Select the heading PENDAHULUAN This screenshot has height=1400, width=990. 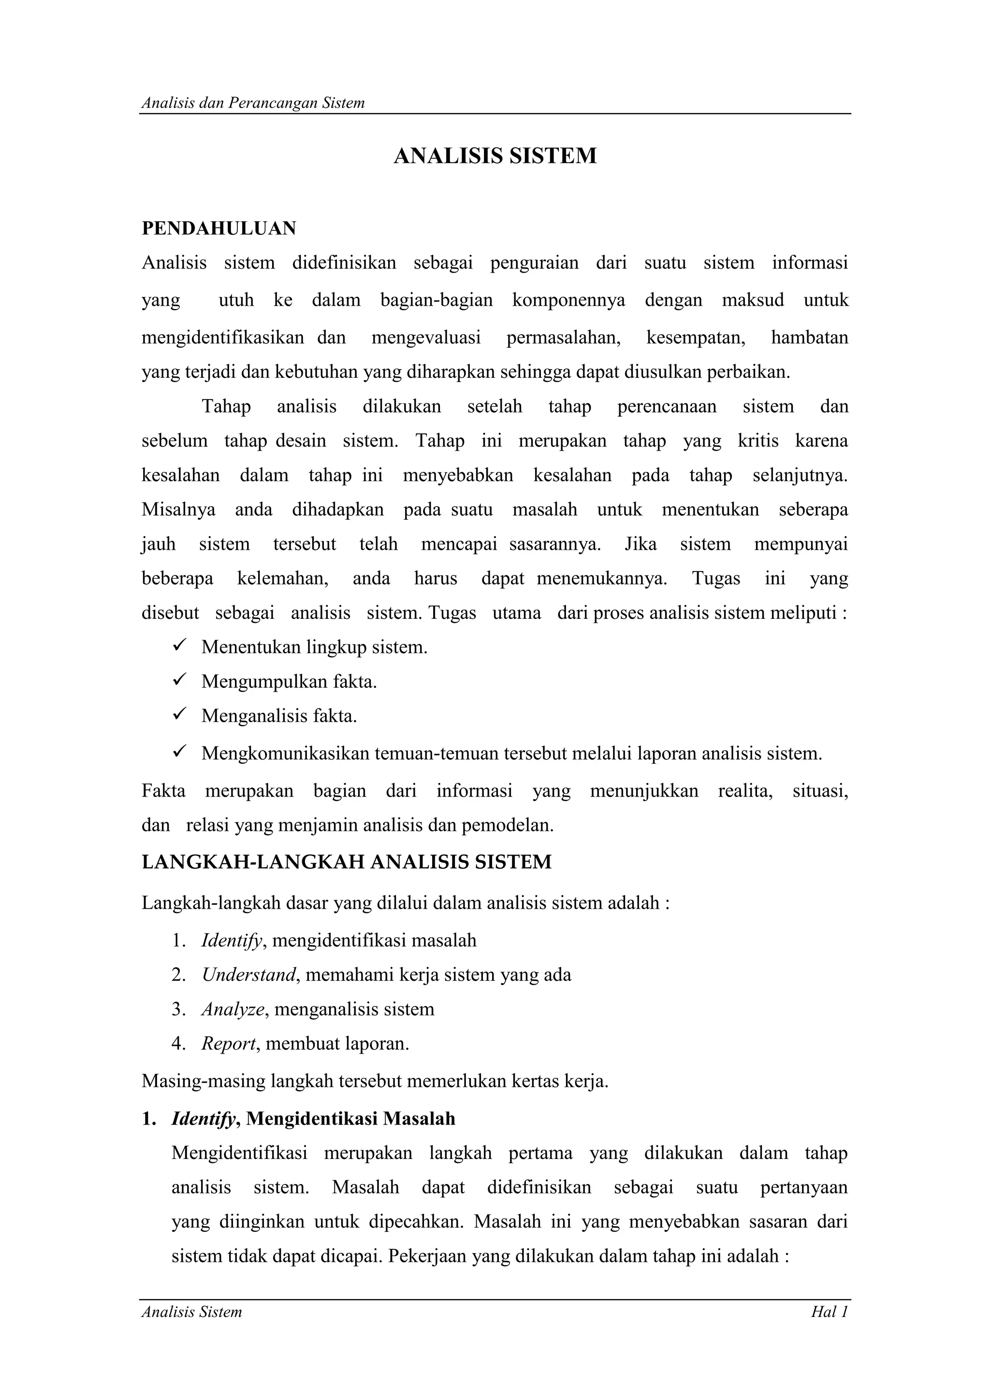pyautogui.click(x=219, y=228)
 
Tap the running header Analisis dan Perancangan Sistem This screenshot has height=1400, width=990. pyautogui.click(x=253, y=103)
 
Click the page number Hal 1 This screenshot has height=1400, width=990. pyautogui.click(x=829, y=1312)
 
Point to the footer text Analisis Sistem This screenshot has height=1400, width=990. pyautogui.click(x=191, y=1312)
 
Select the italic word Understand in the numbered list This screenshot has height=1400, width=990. pyautogui.click(x=249, y=975)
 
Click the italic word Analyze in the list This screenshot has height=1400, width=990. pyautogui.click(x=233, y=1009)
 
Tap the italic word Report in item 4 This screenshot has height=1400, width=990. pyautogui.click(x=229, y=1043)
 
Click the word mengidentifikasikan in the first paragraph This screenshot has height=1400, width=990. pyautogui.click(x=223, y=337)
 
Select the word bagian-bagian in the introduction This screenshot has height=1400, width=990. pyautogui.click(x=436, y=300)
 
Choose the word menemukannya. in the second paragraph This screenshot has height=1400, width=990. pyautogui.click(x=601, y=578)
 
